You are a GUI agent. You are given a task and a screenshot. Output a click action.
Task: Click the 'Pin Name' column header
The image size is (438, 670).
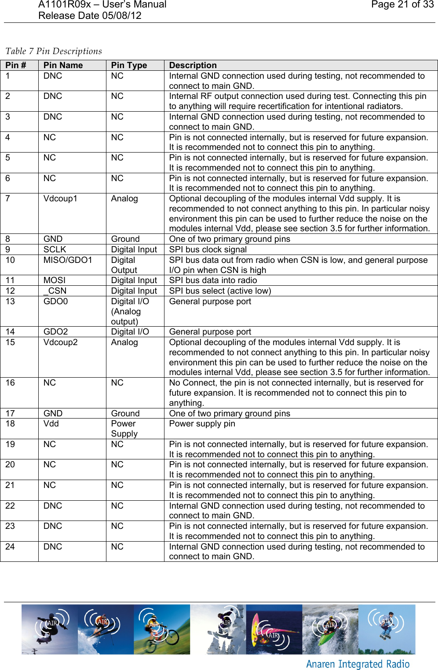[63, 66]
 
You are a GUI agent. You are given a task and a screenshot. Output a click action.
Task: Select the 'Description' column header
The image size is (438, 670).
[193, 66]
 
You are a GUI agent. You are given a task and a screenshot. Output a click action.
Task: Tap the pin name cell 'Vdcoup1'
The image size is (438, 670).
[60, 199]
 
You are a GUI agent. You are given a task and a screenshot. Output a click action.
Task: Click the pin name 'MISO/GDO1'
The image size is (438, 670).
[68, 260]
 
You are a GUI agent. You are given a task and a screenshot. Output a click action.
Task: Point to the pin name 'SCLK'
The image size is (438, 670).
[55, 250]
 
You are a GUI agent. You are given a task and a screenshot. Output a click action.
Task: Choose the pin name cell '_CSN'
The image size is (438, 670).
[55, 291]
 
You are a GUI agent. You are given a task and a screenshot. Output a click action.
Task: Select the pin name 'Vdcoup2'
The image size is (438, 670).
[60, 342]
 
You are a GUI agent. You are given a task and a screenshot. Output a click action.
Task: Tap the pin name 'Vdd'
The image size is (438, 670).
[51, 424]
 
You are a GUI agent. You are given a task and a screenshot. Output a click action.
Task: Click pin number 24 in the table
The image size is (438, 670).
[10, 547]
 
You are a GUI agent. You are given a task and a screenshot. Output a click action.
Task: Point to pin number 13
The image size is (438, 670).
[10, 302]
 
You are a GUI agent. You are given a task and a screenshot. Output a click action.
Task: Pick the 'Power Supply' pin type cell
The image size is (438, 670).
[124, 429]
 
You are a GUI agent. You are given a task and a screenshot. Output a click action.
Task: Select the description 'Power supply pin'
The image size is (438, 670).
[202, 424]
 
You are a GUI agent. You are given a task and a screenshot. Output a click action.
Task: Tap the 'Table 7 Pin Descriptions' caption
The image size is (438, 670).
[54, 51]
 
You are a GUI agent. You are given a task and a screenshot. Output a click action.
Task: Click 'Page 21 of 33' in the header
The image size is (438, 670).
[402, 5]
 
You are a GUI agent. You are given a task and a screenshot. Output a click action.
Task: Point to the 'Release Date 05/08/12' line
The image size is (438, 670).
[90, 16]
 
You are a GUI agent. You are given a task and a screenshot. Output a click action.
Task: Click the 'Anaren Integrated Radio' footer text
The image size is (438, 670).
[358, 664]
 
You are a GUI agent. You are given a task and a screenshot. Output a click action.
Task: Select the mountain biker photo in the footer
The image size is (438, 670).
[162, 629]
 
